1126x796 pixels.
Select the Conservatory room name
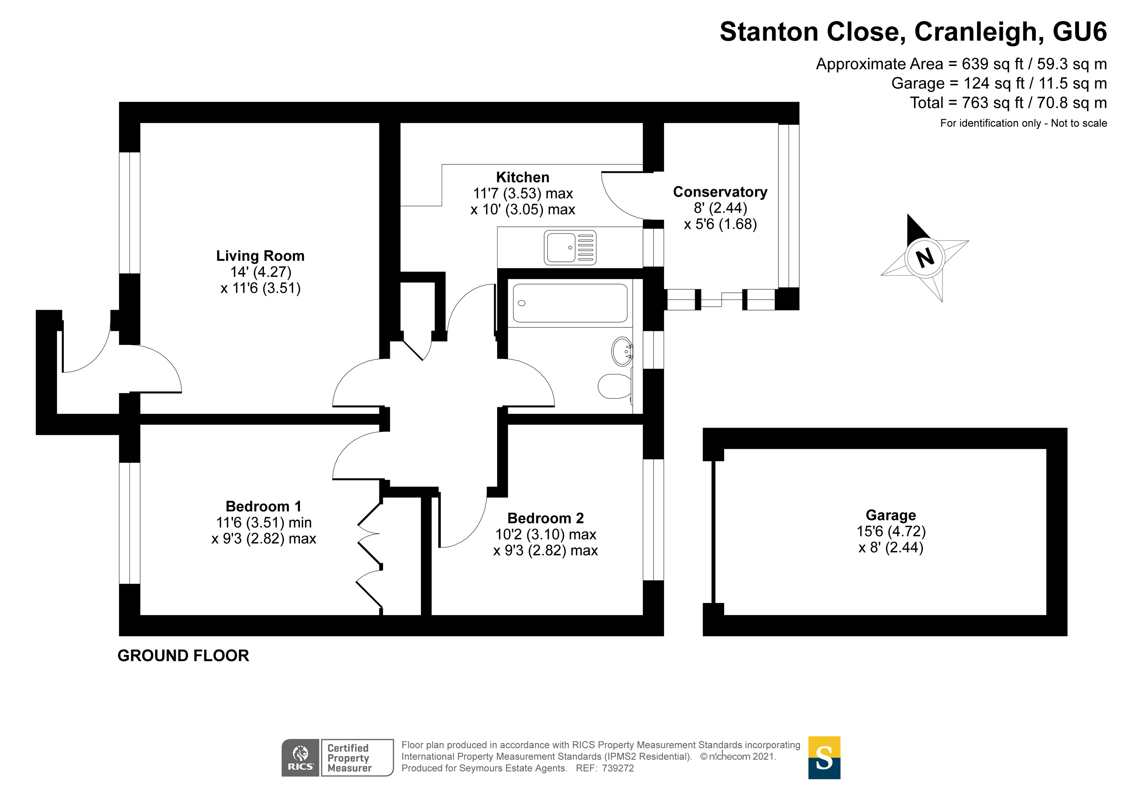(720, 192)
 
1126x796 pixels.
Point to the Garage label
(891, 515)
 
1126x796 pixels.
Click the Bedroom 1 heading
(263, 506)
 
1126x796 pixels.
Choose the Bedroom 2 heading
(545, 518)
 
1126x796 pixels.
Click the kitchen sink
(570, 248)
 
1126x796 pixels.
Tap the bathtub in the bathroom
(570, 303)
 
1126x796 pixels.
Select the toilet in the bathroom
(614, 386)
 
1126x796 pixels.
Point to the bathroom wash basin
(622, 351)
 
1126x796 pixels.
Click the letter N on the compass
(925, 258)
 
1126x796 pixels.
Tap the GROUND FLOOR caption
(183, 656)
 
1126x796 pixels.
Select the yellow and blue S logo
(824, 758)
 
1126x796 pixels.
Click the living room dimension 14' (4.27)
(261, 272)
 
